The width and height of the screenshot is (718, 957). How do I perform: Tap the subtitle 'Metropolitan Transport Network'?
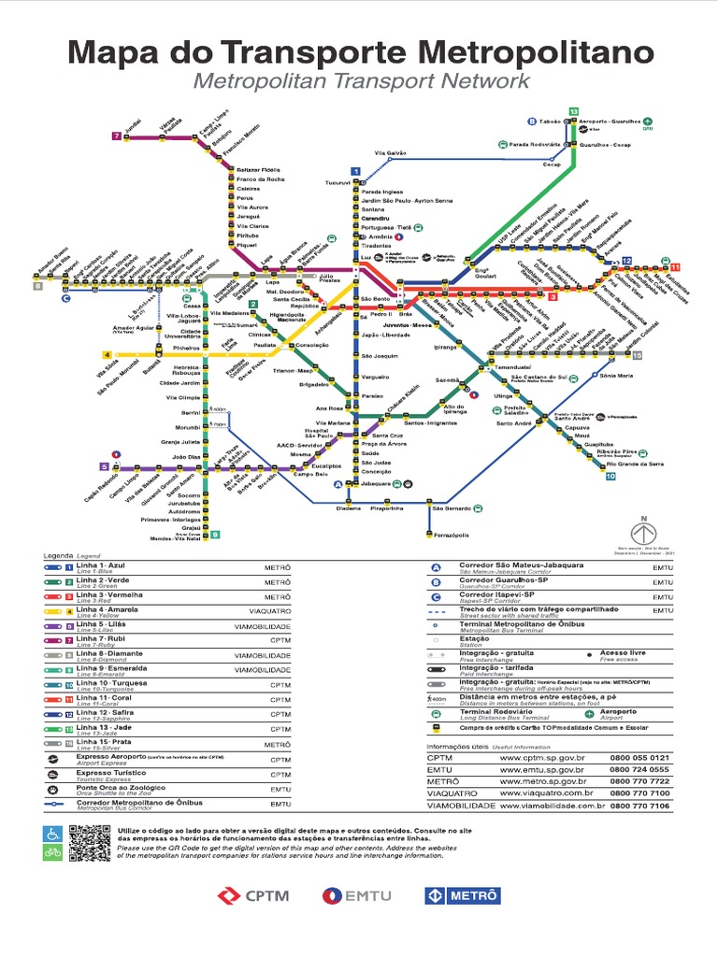361,81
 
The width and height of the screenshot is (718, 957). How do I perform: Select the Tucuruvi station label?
337,182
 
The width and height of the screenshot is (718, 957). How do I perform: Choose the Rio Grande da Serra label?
637,464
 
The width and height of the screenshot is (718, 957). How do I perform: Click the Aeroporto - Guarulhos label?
611,122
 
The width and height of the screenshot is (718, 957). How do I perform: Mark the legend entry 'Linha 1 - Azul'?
100,567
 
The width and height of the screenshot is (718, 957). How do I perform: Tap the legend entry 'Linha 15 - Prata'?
101,744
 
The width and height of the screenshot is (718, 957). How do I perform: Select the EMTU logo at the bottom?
359,895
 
